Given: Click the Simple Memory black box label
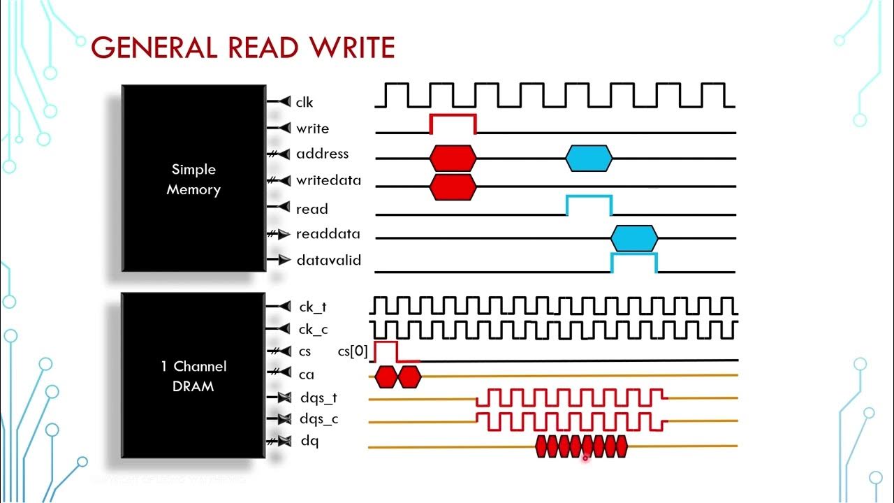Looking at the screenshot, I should click(193, 180).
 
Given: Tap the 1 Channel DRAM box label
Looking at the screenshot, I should click(193, 376).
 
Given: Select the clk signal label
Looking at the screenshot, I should click(305, 103).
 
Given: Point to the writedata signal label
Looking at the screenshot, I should click(328, 180).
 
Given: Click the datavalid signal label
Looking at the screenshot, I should click(328, 260).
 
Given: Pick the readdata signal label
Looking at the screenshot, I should click(328, 234).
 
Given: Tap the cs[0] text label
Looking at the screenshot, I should click(353, 351).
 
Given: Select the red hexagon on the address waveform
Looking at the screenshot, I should click(453, 158).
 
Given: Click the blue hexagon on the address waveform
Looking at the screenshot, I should click(589, 159).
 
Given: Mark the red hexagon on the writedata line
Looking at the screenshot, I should click(453, 187).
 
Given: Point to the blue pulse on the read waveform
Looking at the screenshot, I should click(589, 205).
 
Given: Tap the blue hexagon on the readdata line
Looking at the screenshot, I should click(634, 238).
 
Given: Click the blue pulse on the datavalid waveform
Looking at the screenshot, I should click(634, 262).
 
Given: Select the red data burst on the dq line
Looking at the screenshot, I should click(582, 446).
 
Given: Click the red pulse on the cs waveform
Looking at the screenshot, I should click(386, 351).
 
